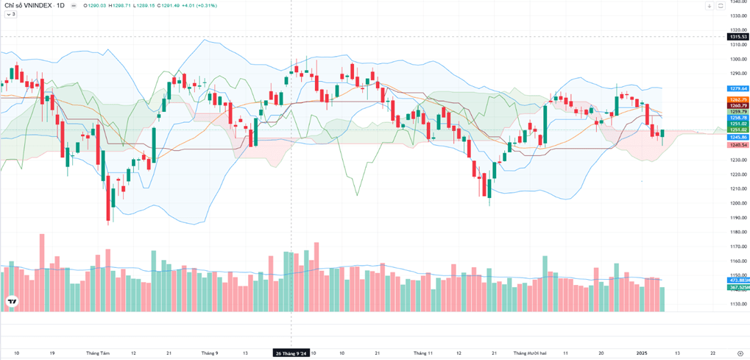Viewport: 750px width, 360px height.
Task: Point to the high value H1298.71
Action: point(119,5)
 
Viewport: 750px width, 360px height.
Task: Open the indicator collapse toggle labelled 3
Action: point(11,15)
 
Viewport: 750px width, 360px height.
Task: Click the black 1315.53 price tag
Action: point(737,36)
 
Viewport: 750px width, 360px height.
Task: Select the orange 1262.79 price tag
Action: point(737,99)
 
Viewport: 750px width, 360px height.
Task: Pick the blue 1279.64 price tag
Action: point(737,88)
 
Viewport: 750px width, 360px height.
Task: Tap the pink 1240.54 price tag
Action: point(737,145)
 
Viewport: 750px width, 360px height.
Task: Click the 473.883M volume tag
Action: point(737,280)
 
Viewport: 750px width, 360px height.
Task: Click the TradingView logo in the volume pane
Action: point(12,301)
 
